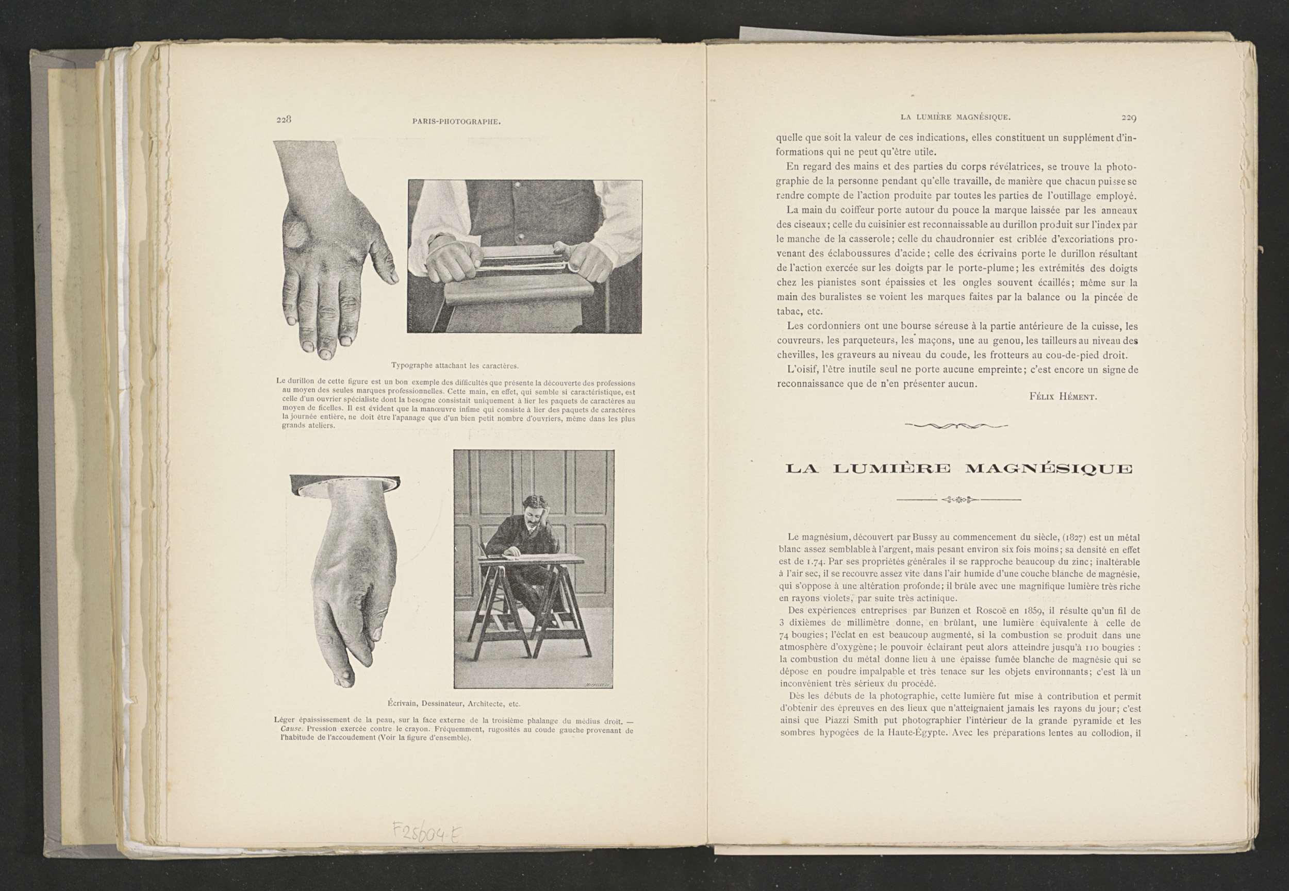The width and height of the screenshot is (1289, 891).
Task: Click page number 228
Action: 284,120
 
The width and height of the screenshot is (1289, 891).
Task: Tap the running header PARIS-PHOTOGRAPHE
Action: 456,121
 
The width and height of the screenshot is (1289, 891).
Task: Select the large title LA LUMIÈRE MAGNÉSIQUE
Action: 959,469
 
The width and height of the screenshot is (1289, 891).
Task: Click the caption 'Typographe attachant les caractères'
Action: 455,366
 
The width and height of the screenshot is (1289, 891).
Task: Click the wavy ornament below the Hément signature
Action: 956,426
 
